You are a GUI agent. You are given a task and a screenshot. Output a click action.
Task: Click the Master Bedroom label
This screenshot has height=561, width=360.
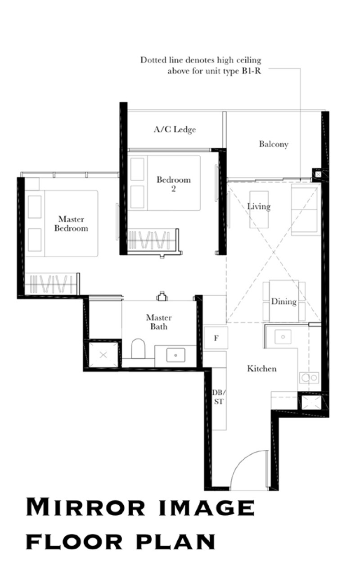(x=71, y=223)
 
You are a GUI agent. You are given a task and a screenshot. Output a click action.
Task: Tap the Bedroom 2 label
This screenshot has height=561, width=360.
(x=173, y=184)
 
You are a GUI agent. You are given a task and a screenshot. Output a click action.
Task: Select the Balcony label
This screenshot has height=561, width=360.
(x=273, y=144)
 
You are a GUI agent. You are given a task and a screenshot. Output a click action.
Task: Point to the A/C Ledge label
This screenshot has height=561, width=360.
(x=175, y=130)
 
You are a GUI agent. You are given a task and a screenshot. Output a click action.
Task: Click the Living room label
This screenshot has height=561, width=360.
(x=259, y=207)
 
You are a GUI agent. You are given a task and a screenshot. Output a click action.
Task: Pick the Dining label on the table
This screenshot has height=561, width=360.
(x=283, y=301)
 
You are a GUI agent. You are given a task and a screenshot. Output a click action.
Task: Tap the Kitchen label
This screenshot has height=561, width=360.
(x=261, y=369)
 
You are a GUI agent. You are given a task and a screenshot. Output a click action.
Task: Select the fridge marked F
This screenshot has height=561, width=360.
(x=216, y=338)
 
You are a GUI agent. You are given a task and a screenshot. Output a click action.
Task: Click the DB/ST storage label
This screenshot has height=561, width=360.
(x=218, y=398)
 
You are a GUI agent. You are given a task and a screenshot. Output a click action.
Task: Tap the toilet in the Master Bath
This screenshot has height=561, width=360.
(x=138, y=349)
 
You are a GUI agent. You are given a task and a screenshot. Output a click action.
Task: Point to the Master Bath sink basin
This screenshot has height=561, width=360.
(x=175, y=355)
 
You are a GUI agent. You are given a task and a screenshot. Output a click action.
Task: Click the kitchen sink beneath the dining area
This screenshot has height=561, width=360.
(x=283, y=336)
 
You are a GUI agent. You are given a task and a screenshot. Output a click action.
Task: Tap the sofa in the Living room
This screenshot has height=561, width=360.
(x=306, y=209)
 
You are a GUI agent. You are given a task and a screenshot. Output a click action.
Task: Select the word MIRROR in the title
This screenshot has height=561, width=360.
(x=85, y=508)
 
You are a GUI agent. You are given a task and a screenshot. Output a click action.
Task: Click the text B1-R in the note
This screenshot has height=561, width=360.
(x=250, y=71)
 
